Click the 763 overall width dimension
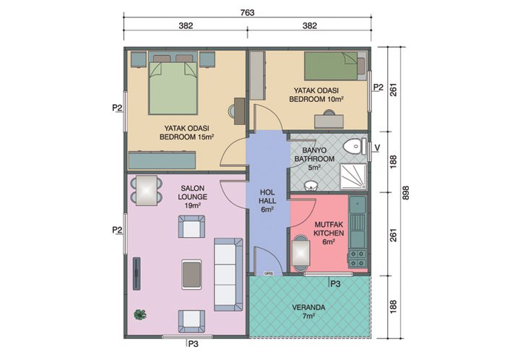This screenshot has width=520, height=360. (x=248, y=11)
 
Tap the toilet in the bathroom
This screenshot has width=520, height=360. (x=352, y=147)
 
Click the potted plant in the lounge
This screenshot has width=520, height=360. (x=139, y=314)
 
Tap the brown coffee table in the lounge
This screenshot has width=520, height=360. (x=191, y=273)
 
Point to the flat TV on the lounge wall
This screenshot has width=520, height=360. (x=134, y=275)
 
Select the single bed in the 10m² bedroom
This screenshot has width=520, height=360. (x=330, y=67)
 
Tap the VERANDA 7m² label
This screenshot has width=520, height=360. (x=308, y=312)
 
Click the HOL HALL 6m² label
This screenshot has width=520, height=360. (x=266, y=202)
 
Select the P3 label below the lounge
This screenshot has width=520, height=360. (x=193, y=345)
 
